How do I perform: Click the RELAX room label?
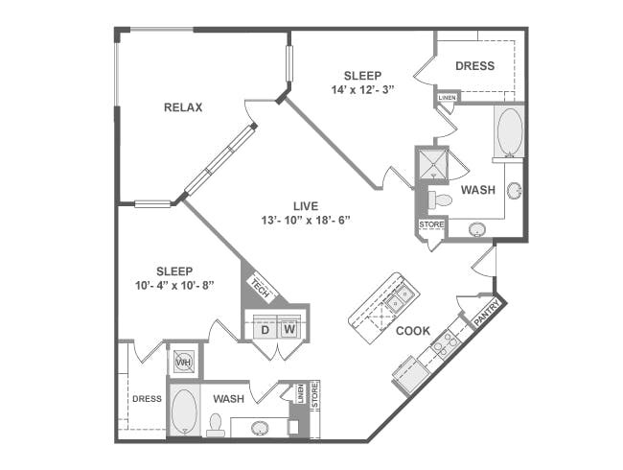[183, 107]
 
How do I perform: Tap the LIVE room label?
[306, 206]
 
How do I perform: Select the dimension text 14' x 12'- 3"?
[362, 89]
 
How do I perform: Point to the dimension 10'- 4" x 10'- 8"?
[174, 286]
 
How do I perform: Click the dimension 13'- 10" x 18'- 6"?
[306, 220]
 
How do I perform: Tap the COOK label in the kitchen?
[413, 331]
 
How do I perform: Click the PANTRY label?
[487, 312]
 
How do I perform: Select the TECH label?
[261, 289]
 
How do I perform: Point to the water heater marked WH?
[184, 362]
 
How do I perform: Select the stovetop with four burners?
[446, 344]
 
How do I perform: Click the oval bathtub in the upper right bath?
[510, 131]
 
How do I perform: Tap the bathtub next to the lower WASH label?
[184, 411]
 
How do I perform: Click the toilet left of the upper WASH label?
[440, 200]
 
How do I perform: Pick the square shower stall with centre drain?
[432, 164]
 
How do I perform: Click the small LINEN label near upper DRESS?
[447, 98]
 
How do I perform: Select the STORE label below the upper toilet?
[431, 224]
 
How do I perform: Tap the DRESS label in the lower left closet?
[147, 399]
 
